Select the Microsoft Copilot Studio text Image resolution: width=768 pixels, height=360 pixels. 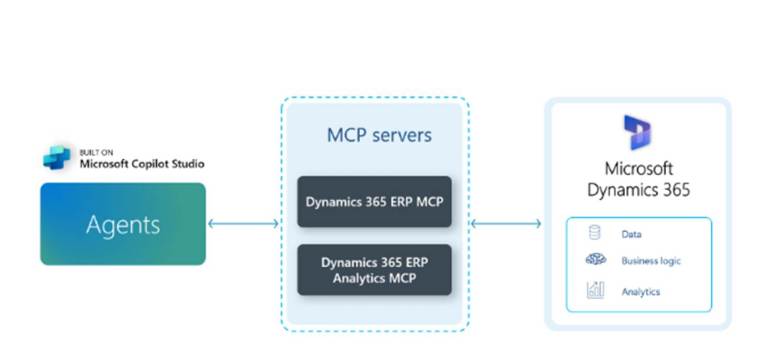[142, 164]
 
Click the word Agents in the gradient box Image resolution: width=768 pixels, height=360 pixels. [122, 224]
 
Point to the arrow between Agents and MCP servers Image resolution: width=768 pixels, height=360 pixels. [243, 223]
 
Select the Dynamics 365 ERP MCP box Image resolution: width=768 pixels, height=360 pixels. [374, 202]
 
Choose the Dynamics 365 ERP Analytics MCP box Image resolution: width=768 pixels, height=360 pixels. [374, 269]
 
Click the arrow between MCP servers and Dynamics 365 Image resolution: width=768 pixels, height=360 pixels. [505, 223]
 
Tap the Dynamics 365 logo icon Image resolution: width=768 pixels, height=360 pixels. [637, 134]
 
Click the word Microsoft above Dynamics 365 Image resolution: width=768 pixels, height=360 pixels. [638, 169]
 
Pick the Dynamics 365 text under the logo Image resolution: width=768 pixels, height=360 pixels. [638, 189]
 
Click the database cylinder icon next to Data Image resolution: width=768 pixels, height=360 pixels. [595, 234]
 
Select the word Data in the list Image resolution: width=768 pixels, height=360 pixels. [630, 234]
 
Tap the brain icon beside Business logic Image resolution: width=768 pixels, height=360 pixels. [595, 261]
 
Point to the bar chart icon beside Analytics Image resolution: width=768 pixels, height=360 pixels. [595, 291]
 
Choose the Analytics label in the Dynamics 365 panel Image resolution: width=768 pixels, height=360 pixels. [640, 292]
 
